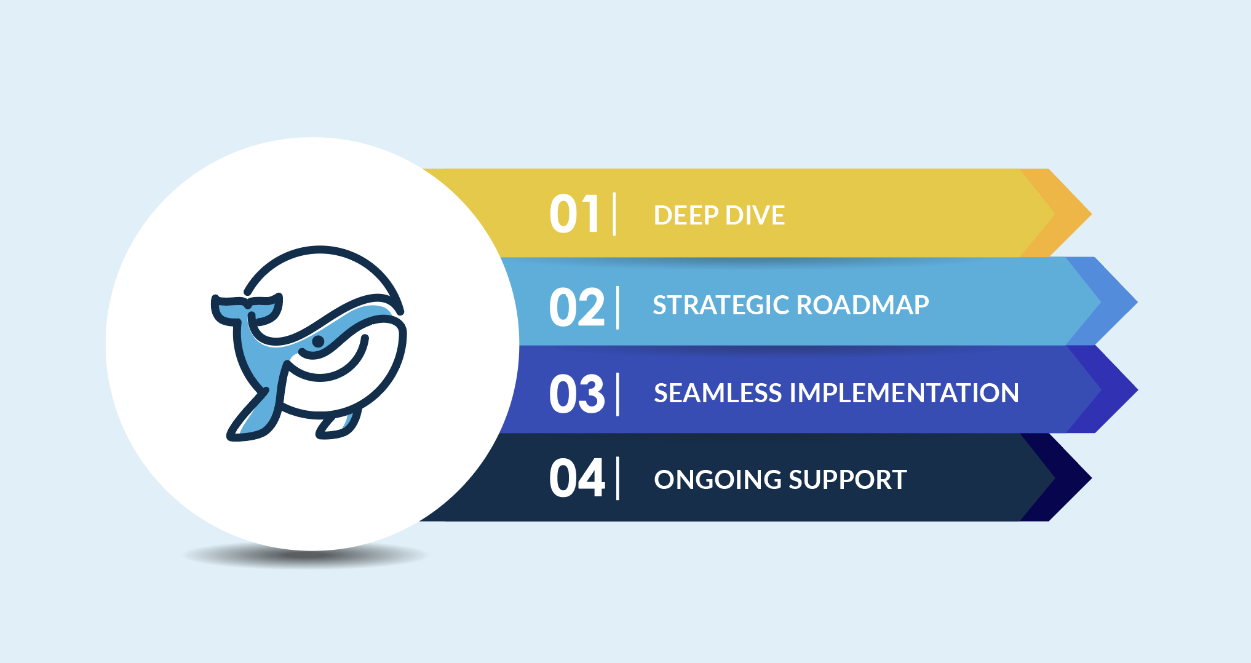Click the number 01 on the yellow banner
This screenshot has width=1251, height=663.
pos(574,214)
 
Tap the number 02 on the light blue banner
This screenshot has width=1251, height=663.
pos(577,307)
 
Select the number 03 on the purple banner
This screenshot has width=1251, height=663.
pos(577,394)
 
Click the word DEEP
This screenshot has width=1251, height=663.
pos(686,215)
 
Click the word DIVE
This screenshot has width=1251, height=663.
pos(756,215)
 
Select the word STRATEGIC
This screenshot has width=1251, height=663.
pos(721,305)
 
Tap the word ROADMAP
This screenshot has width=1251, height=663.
pos(863,305)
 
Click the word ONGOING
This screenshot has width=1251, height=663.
pos(717,480)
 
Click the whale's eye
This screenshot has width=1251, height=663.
pos(318,341)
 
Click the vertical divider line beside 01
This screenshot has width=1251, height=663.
pos(614,214)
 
